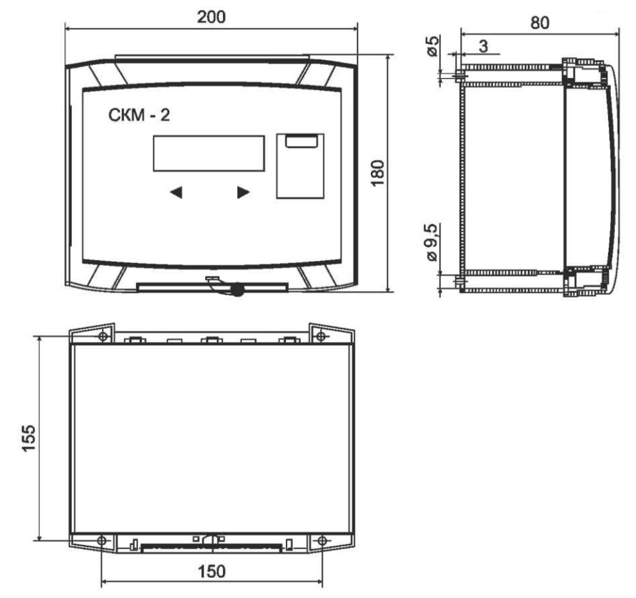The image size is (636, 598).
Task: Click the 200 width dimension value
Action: click(x=211, y=17)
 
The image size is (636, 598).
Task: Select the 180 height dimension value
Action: click(x=378, y=173)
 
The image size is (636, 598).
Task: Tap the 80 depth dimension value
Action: click(x=540, y=23)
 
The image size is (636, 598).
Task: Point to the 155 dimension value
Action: click(x=29, y=438)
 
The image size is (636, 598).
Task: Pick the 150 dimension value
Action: click(x=211, y=571)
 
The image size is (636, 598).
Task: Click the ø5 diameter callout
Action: click(x=432, y=46)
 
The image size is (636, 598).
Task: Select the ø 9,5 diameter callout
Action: click(x=432, y=242)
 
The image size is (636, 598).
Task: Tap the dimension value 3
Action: click(x=483, y=46)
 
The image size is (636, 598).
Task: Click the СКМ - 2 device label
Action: click(x=139, y=115)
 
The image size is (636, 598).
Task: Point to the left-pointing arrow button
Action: click(x=176, y=193)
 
